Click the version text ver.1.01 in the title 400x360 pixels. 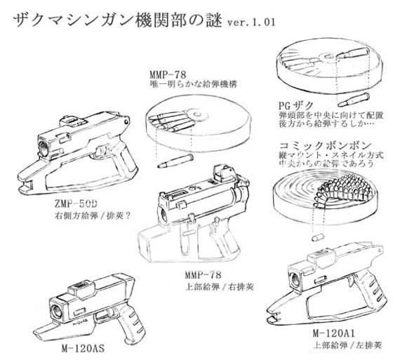[x=251, y=22]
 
